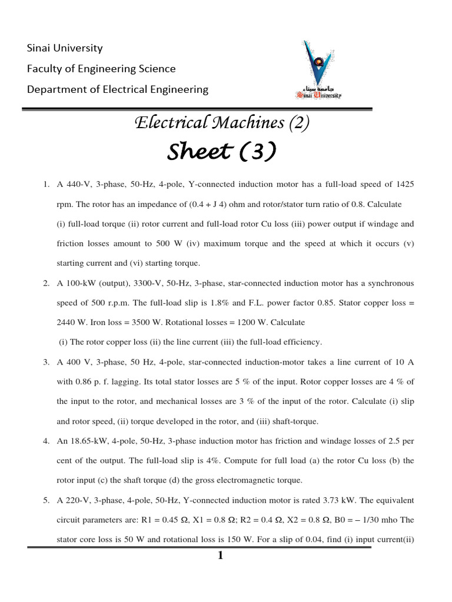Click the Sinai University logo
pyautogui.click(x=318, y=69)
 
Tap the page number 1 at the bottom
pyautogui.click(x=220, y=557)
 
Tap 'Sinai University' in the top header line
pyautogui.click(x=65, y=48)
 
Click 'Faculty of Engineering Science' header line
pyautogui.click(x=101, y=69)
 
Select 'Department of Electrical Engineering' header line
pyautogui.click(x=118, y=89)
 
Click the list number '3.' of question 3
pyautogui.click(x=46, y=362)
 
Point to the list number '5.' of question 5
pyautogui.click(x=46, y=500)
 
